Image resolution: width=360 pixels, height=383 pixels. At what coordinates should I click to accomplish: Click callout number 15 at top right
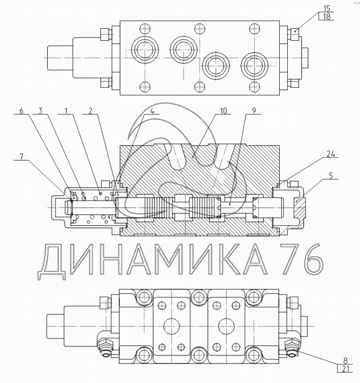click(x=326, y=9)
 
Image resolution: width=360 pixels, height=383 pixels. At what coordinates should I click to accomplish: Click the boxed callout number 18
click(x=326, y=17)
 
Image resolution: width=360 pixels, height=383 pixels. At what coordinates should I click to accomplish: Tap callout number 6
click(x=22, y=111)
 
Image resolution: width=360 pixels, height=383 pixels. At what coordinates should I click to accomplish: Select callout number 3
click(x=40, y=111)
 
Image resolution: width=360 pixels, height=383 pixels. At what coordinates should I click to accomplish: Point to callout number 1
click(x=66, y=111)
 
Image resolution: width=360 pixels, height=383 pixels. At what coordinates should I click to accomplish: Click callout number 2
click(x=90, y=111)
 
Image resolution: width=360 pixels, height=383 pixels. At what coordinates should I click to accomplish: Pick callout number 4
click(x=152, y=111)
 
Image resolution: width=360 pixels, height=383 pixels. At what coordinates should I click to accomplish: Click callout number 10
click(x=224, y=111)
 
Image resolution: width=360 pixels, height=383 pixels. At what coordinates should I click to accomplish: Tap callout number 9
click(x=254, y=111)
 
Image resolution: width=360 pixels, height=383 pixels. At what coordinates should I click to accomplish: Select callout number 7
click(x=22, y=157)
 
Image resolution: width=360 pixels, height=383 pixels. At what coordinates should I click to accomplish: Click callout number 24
click(x=331, y=154)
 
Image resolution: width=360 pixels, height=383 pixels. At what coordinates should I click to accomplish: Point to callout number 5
click(x=331, y=176)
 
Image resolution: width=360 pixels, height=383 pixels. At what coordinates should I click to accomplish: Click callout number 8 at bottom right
click(x=345, y=360)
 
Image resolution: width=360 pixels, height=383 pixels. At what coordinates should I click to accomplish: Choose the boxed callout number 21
click(x=345, y=369)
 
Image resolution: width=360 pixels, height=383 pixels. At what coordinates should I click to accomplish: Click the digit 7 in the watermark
click(x=290, y=259)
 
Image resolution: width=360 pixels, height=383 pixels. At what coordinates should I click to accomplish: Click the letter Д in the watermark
click(x=52, y=262)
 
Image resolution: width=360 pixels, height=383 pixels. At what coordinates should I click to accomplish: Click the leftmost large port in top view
click(x=145, y=50)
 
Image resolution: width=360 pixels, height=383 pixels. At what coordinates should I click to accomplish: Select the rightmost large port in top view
click(x=254, y=65)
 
